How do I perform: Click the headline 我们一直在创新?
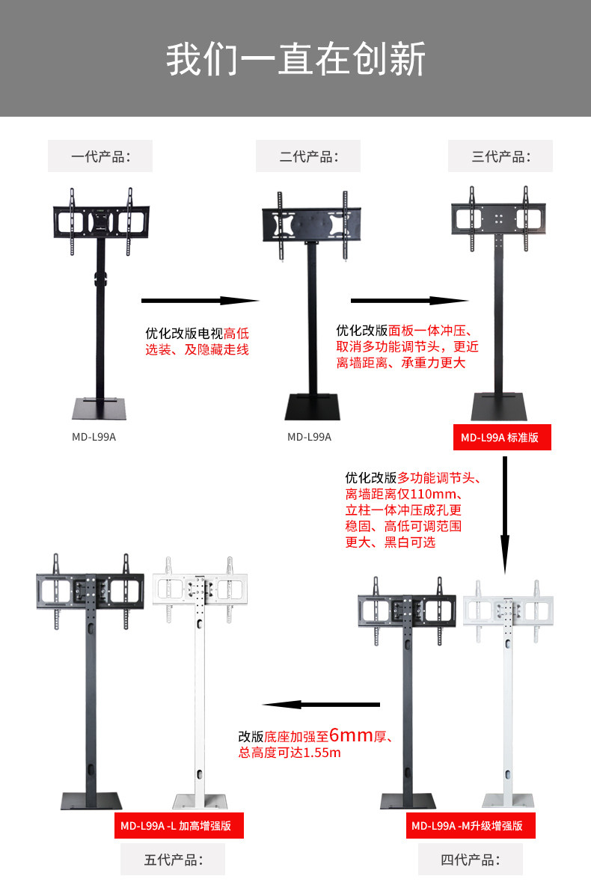pyautogui.click(x=295, y=60)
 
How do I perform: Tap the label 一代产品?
pyautogui.click(x=100, y=156)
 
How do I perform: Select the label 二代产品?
pyautogui.click(x=308, y=156)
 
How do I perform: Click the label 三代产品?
pyautogui.click(x=500, y=156)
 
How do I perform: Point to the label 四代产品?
pyautogui.click(x=470, y=860)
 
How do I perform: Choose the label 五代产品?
pyautogui.click(x=174, y=860)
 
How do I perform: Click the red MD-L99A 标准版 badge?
pyautogui.click(x=501, y=438)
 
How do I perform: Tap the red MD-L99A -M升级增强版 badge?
pyautogui.click(x=471, y=826)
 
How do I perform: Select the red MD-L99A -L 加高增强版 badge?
pyautogui.click(x=179, y=826)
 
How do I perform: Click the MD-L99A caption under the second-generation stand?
pyautogui.click(x=309, y=437)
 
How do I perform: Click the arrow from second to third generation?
pyautogui.click(x=409, y=301)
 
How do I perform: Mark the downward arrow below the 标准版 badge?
pyautogui.click(x=505, y=509)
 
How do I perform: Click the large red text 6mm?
pyautogui.click(x=351, y=735)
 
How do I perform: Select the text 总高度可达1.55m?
pyautogui.click(x=290, y=753)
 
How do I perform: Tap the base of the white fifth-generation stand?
pyautogui.click(x=199, y=800)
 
